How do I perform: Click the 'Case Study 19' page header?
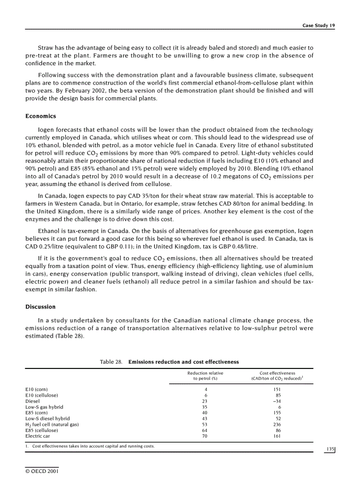(x=318, y=26)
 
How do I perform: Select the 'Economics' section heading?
(x=41, y=116)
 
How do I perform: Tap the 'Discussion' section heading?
(x=41, y=306)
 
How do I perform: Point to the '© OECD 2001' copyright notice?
(x=42, y=471)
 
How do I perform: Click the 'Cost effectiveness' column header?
(x=277, y=373)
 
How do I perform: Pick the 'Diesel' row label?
(x=33, y=401)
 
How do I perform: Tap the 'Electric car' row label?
(x=37, y=436)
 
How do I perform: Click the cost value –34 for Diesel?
(x=277, y=401)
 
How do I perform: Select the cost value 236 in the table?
(x=277, y=424)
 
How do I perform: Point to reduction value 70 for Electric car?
(x=205, y=436)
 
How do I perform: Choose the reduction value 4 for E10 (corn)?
(x=206, y=390)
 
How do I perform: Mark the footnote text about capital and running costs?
(x=93, y=446)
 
